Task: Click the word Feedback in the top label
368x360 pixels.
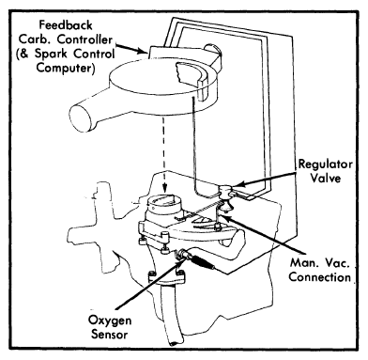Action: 66,25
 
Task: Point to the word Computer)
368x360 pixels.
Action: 66,68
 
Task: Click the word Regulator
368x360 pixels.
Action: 325,164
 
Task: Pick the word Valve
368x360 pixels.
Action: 325,179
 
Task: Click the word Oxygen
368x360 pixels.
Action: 110,321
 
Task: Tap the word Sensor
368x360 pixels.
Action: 110,334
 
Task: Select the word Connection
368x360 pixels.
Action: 319,277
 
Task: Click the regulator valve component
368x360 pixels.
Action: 226,192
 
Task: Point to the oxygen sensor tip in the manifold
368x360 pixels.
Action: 182,254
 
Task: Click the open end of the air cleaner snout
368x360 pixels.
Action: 81,118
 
